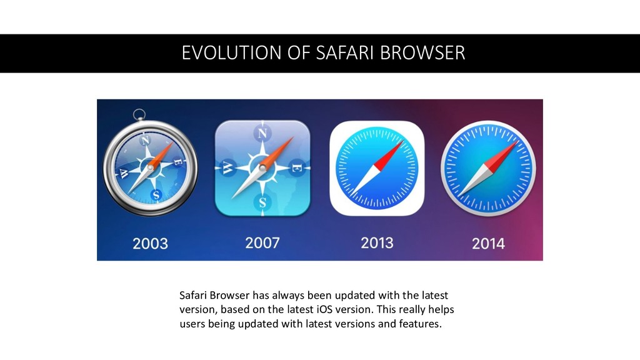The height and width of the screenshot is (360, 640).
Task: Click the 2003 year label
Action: point(150,242)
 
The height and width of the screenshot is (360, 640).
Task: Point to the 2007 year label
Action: point(262,242)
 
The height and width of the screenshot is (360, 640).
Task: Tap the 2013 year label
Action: point(377,242)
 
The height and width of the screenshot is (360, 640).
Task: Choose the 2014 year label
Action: point(488,242)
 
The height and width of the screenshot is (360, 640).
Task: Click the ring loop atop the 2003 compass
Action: point(139,114)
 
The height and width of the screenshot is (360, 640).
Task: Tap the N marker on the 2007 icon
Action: point(262,134)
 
